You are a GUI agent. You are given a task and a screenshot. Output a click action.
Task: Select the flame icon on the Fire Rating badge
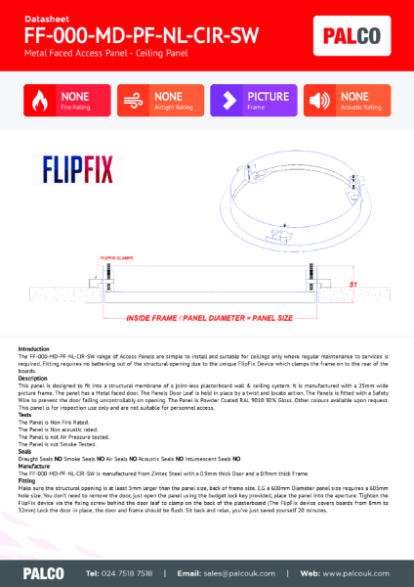(x=40, y=101)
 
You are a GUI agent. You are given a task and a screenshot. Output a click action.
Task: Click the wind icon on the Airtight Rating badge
(x=135, y=101)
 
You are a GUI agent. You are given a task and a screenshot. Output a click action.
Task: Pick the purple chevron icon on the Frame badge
(x=228, y=101)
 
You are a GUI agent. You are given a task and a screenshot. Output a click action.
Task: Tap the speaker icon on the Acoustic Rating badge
(x=320, y=101)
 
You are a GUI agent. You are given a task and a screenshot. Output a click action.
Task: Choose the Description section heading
(x=33, y=378)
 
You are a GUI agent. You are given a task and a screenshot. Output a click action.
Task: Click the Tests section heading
(x=25, y=414)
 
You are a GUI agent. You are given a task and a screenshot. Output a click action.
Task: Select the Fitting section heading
(x=27, y=481)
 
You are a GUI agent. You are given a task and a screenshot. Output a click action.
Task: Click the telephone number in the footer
(x=119, y=572)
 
